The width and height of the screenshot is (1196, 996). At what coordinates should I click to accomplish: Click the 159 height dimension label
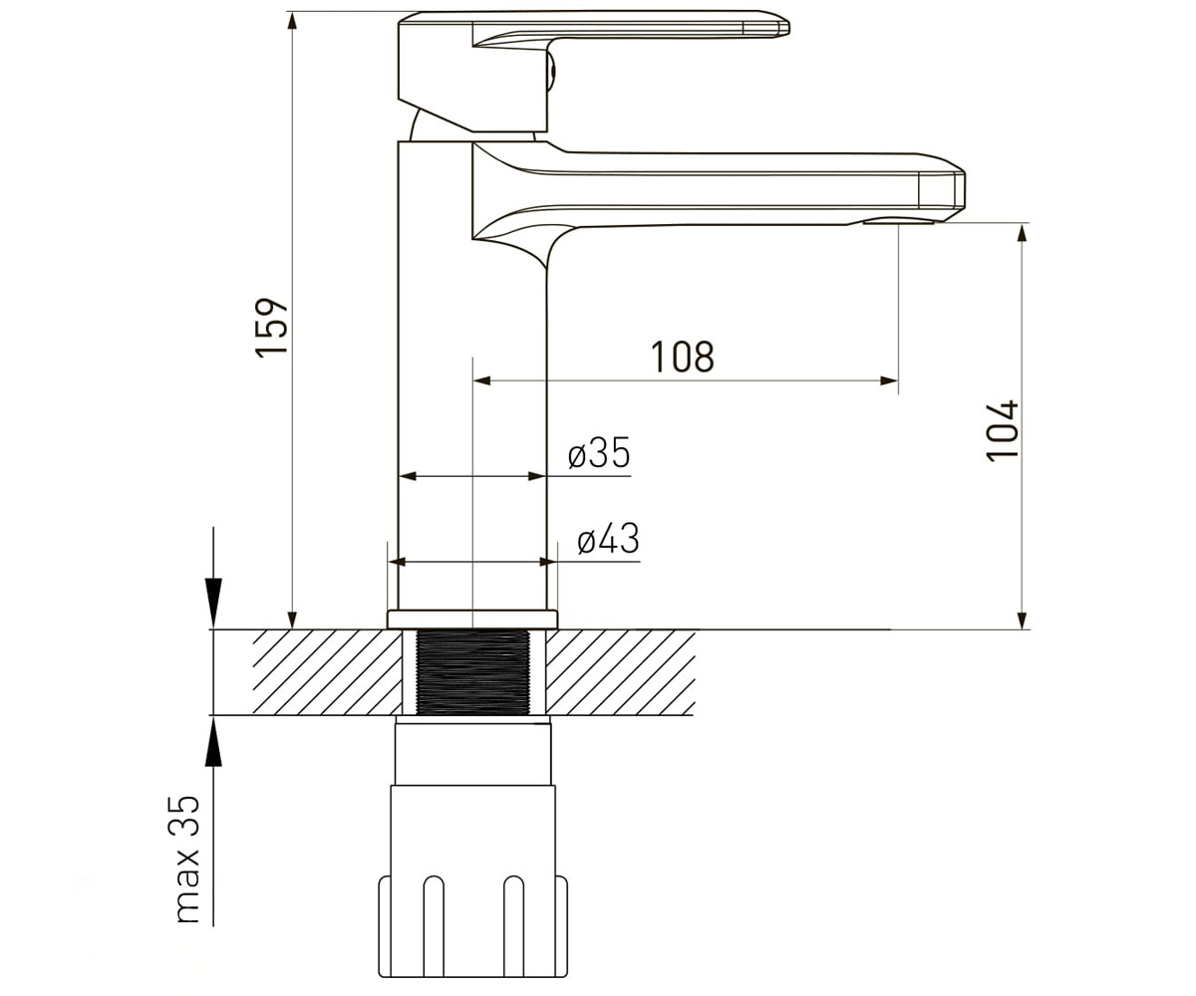(x=271, y=328)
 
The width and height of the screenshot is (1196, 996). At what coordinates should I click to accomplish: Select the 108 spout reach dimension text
(x=682, y=358)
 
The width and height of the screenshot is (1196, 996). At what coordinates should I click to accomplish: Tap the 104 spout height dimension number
(x=1003, y=430)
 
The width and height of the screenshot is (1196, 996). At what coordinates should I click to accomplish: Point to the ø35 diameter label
(x=599, y=453)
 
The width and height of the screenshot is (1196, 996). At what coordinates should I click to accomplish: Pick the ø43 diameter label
(x=608, y=539)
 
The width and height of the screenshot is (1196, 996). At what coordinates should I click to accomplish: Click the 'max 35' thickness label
(x=186, y=867)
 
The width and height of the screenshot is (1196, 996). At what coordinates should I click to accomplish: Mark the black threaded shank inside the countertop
(x=472, y=672)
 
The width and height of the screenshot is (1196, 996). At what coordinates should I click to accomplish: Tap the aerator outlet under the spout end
(x=898, y=221)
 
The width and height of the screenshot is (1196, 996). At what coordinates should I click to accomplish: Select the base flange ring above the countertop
(x=472, y=620)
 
